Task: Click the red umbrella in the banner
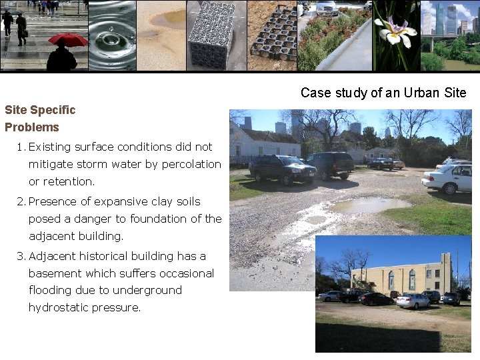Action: [x=68, y=39]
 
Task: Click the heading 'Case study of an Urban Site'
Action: [x=383, y=93]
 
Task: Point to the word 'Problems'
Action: [x=32, y=127]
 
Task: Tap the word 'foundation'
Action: [x=163, y=219]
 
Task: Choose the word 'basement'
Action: [x=55, y=273]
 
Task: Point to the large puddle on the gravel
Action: [x=367, y=205]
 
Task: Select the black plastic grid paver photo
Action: [x=273, y=35]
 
